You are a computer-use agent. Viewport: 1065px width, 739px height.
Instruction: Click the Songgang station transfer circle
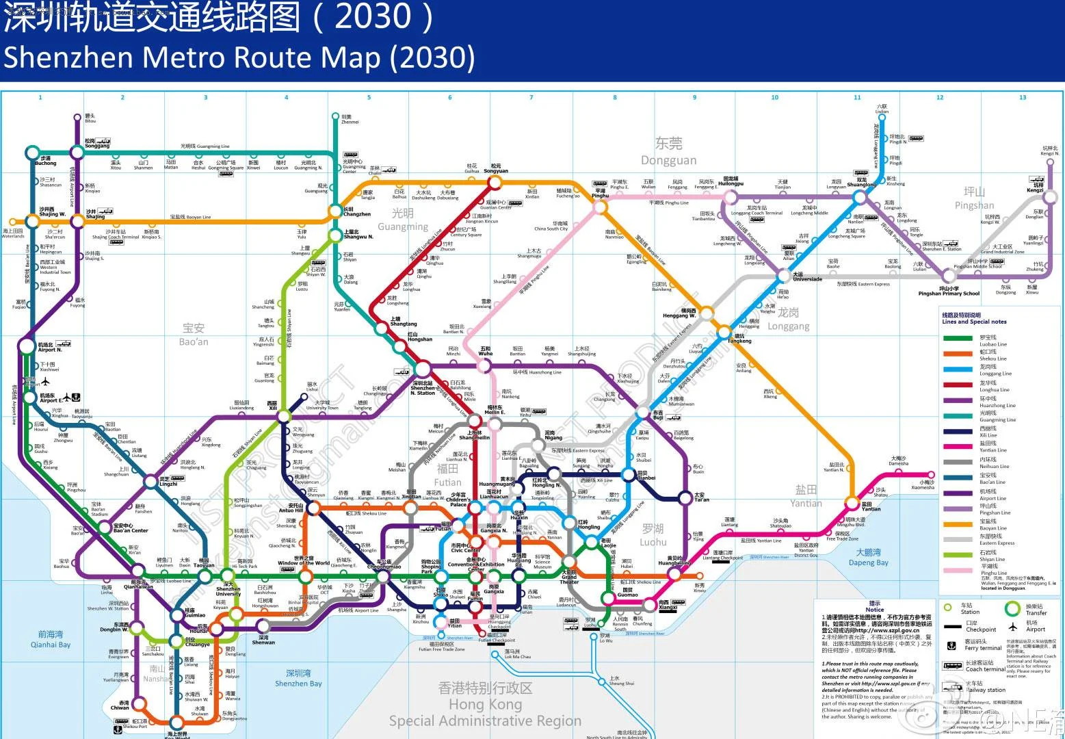(x=77, y=152)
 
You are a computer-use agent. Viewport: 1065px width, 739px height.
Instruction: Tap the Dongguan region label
(x=668, y=151)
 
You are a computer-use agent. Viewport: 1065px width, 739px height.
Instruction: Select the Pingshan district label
(x=974, y=198)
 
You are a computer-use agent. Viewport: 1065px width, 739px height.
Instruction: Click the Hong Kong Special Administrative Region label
(x=485, y=704)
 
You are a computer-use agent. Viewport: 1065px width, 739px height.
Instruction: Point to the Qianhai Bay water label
(x=51, y=639)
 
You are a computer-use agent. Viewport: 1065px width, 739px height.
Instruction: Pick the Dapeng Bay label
(x=868, y=557)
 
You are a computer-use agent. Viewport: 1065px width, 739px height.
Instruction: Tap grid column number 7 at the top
(x=531, y=97)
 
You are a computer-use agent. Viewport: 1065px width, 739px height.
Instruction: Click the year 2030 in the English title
(x=432, y=57)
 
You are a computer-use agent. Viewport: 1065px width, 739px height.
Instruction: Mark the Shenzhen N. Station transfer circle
(x=422, y=368)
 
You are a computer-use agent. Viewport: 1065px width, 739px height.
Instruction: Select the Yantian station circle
(x=852, y=503)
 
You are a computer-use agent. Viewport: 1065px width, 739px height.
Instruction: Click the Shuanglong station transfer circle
(x=860, y=198)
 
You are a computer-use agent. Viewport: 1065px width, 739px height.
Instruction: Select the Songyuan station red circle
(x=495, y=183)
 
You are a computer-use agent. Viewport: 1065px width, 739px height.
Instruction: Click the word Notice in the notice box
(x=874, y=610)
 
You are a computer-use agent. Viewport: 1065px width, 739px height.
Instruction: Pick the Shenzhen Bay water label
(x=298, y=678)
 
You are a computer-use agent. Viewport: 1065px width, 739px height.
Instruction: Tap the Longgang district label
(x=788, y=319)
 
